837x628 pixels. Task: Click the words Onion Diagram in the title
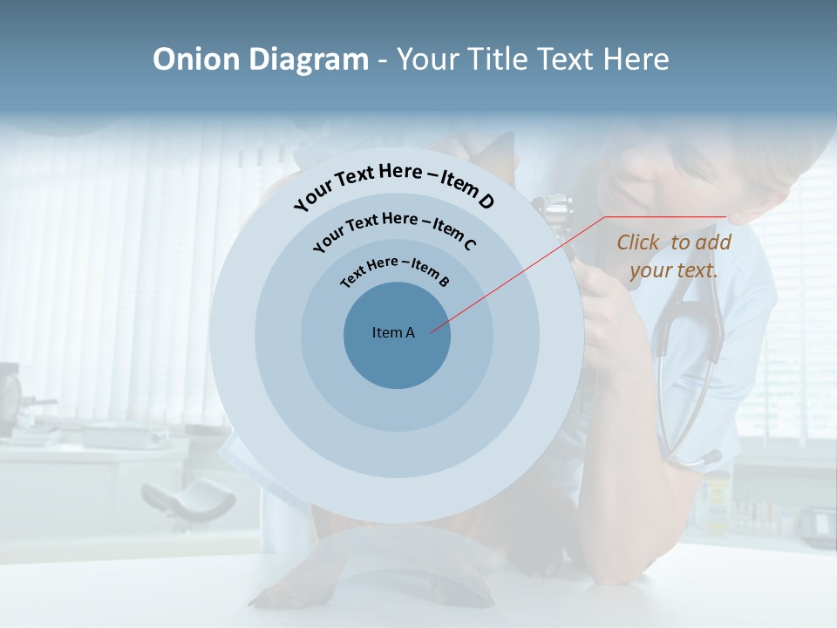pos(260,59)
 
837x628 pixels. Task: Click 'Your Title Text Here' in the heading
pos(533,59)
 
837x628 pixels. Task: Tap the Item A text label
pos(393,332)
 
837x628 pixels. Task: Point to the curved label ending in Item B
pos(395,271)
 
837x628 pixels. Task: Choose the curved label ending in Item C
pos(394,229)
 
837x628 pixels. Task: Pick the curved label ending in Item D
pos(394,186)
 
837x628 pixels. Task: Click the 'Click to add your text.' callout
pos(673,256)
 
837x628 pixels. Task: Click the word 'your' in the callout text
pos(652,270)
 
